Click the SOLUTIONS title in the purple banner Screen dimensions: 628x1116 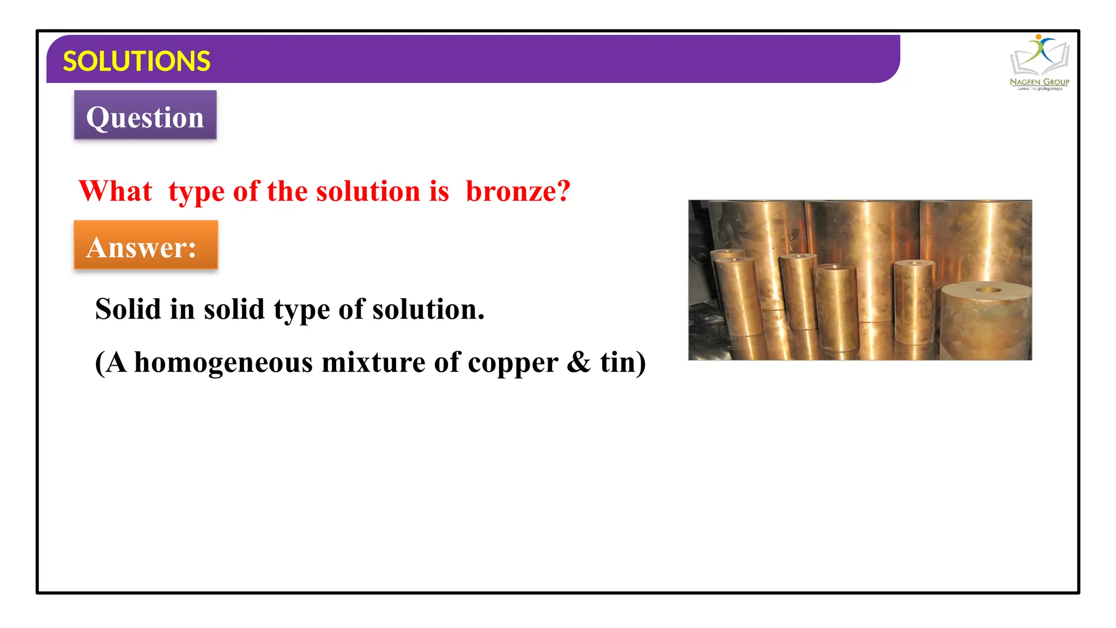(x=136, y=61)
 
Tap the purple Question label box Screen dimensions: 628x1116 (x=145, y=116)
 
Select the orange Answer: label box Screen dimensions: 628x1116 (x=145, y=245)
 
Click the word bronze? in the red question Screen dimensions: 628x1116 (x=518, y=191)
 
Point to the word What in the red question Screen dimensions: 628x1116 (x=116, y=191)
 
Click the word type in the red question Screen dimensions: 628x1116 (x=196, y=192)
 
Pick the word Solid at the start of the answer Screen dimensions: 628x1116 (x=128, y=309)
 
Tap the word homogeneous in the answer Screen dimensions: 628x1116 (x=223, y=363)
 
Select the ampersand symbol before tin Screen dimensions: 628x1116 (x=579, y=363)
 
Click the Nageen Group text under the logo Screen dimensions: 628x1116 (x=1039, y=82)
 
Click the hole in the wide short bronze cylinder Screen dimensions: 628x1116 (x=988, y=289)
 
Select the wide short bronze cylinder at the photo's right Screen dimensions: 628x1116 (x=985, y=322)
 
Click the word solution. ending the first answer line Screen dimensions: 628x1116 (x=428, y=309)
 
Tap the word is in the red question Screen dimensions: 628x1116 (x=439, y=191)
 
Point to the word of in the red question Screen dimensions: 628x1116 (x=246, y=191)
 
